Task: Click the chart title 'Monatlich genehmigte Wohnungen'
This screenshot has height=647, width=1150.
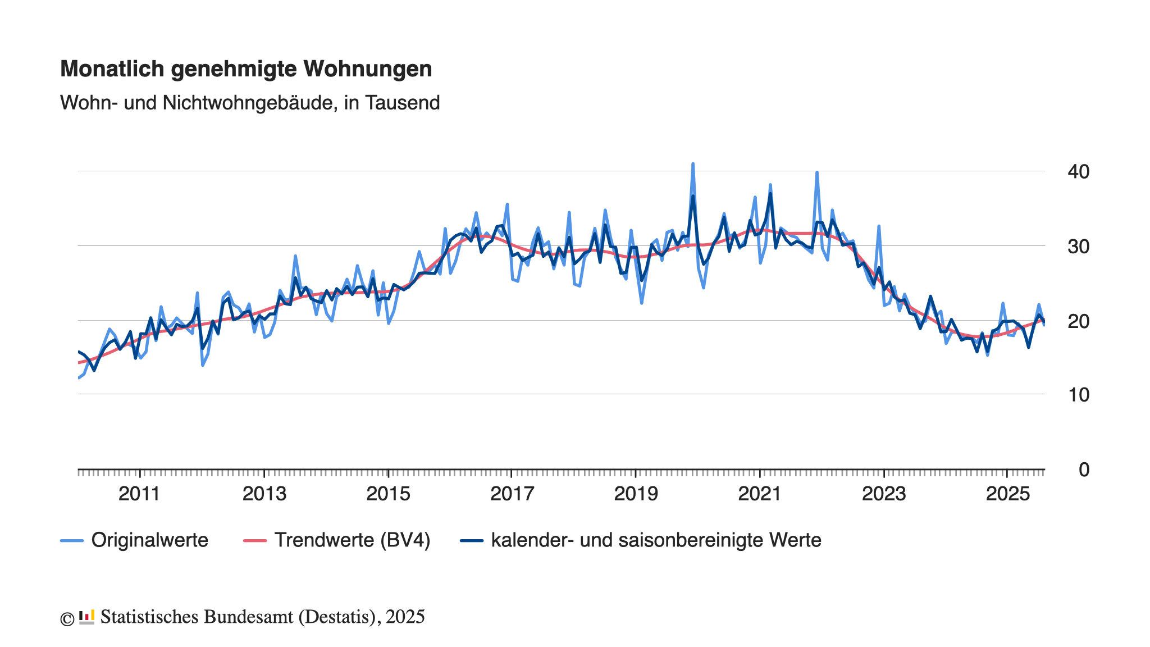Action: pyautogui.click(x=246, y=69)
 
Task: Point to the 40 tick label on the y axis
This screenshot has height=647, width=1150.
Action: pyautogui.click(x=1078, y=172)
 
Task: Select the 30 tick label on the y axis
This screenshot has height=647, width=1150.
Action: pyautogui.click(x=1078, y=247)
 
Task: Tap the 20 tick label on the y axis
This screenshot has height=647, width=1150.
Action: pyautogui.click(x=1078, y=321)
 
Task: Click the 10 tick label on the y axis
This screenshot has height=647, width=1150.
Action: pyautogui.click(x=1078, y=395)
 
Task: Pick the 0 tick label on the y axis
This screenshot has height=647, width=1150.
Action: pyautogui.click(x=1084, y=470)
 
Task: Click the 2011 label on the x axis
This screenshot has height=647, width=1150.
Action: pyautogui.click(x=139, y=494)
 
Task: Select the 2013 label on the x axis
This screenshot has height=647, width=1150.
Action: pyautogui.click(x=264, y=494)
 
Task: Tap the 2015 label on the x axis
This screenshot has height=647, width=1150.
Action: pyautogui.click(x=388, y=494)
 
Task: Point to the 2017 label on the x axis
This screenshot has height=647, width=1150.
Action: pyautogui.click(x=512, y=494)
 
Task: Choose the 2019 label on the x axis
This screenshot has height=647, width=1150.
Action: pyautogui.click(x=636, y=494)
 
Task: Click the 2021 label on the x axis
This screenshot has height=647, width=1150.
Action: pyautogui.click(x=760, y=494)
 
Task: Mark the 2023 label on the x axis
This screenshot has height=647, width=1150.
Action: pyautogui.click(x=884, y=494)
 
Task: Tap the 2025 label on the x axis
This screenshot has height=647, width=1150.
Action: pyautogui.click(x=1008, y=494)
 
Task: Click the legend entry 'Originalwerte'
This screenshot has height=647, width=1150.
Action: pyautogui.click(x=149, y=540)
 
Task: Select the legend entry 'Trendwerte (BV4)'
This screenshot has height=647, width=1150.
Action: pyautogui.click(x=352, y=540)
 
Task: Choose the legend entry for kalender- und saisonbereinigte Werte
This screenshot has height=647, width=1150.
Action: pyautogui.click(x=656, y=540)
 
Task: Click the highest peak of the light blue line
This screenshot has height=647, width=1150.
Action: pyautogui.click(x=693, y=163)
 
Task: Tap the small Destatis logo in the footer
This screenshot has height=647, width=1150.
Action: pyautogui.click(x=86, y=617)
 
